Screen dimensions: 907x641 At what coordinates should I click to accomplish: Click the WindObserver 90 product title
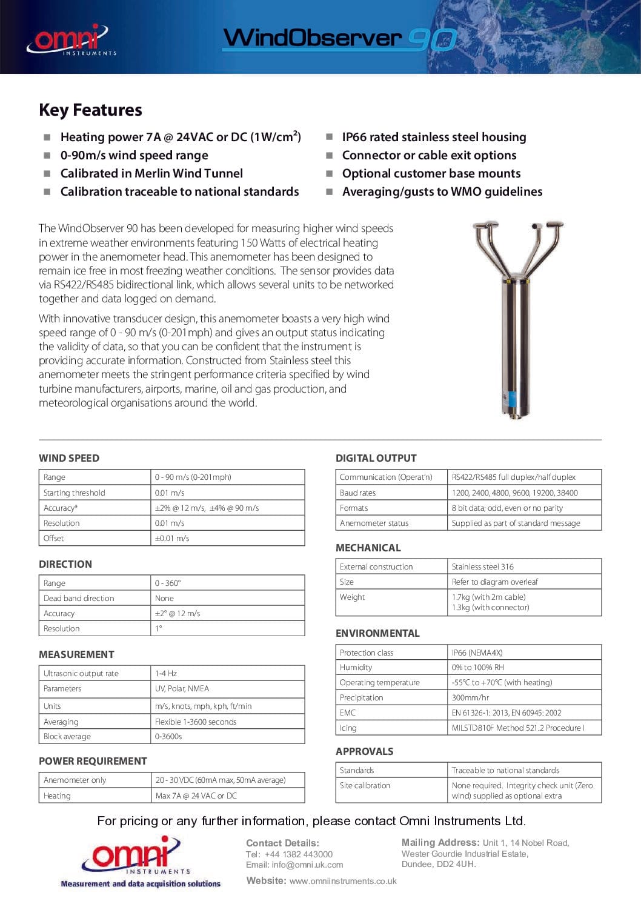click(339, 39)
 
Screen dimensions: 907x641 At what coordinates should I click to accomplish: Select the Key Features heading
click(90, 110)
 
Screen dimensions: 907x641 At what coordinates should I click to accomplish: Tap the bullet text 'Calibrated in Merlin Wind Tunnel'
click(151, 173)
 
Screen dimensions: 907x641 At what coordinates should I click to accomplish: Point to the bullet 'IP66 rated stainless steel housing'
click(434, 137)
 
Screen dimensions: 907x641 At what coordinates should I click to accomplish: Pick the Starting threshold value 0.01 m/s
click(170, 493)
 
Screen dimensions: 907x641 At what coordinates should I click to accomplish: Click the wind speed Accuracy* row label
click(61, 508)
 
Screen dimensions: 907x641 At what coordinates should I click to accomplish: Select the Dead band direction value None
click(164, 598)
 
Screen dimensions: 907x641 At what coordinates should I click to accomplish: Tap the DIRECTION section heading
click(65, 564)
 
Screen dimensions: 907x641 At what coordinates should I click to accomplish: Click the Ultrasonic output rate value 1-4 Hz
click(166, 673)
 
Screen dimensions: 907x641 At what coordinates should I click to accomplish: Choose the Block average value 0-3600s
click(168, 736)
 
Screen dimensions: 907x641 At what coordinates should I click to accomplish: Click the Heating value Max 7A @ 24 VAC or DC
click(196, 796)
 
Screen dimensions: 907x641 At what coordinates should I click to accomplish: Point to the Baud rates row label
click(357, 493)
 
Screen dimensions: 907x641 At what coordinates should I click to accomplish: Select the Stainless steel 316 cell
click(482, 566)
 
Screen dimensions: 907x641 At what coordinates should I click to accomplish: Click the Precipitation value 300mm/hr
click(470, 697)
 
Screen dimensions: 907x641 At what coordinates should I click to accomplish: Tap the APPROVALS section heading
click(364, 751)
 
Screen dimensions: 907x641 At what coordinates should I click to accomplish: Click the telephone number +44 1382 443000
click(298, 854)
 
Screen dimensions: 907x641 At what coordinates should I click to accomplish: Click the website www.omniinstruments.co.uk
click(343, 881)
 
